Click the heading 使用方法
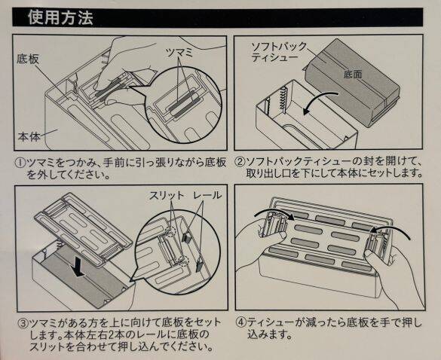[x=60, y=17]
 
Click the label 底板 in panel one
[x=28, y=58]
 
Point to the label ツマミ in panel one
[x=179, y=49]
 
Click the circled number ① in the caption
[x=19, y=162]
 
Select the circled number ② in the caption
[x=239, y=162]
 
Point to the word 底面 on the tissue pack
[x=353, y=75]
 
